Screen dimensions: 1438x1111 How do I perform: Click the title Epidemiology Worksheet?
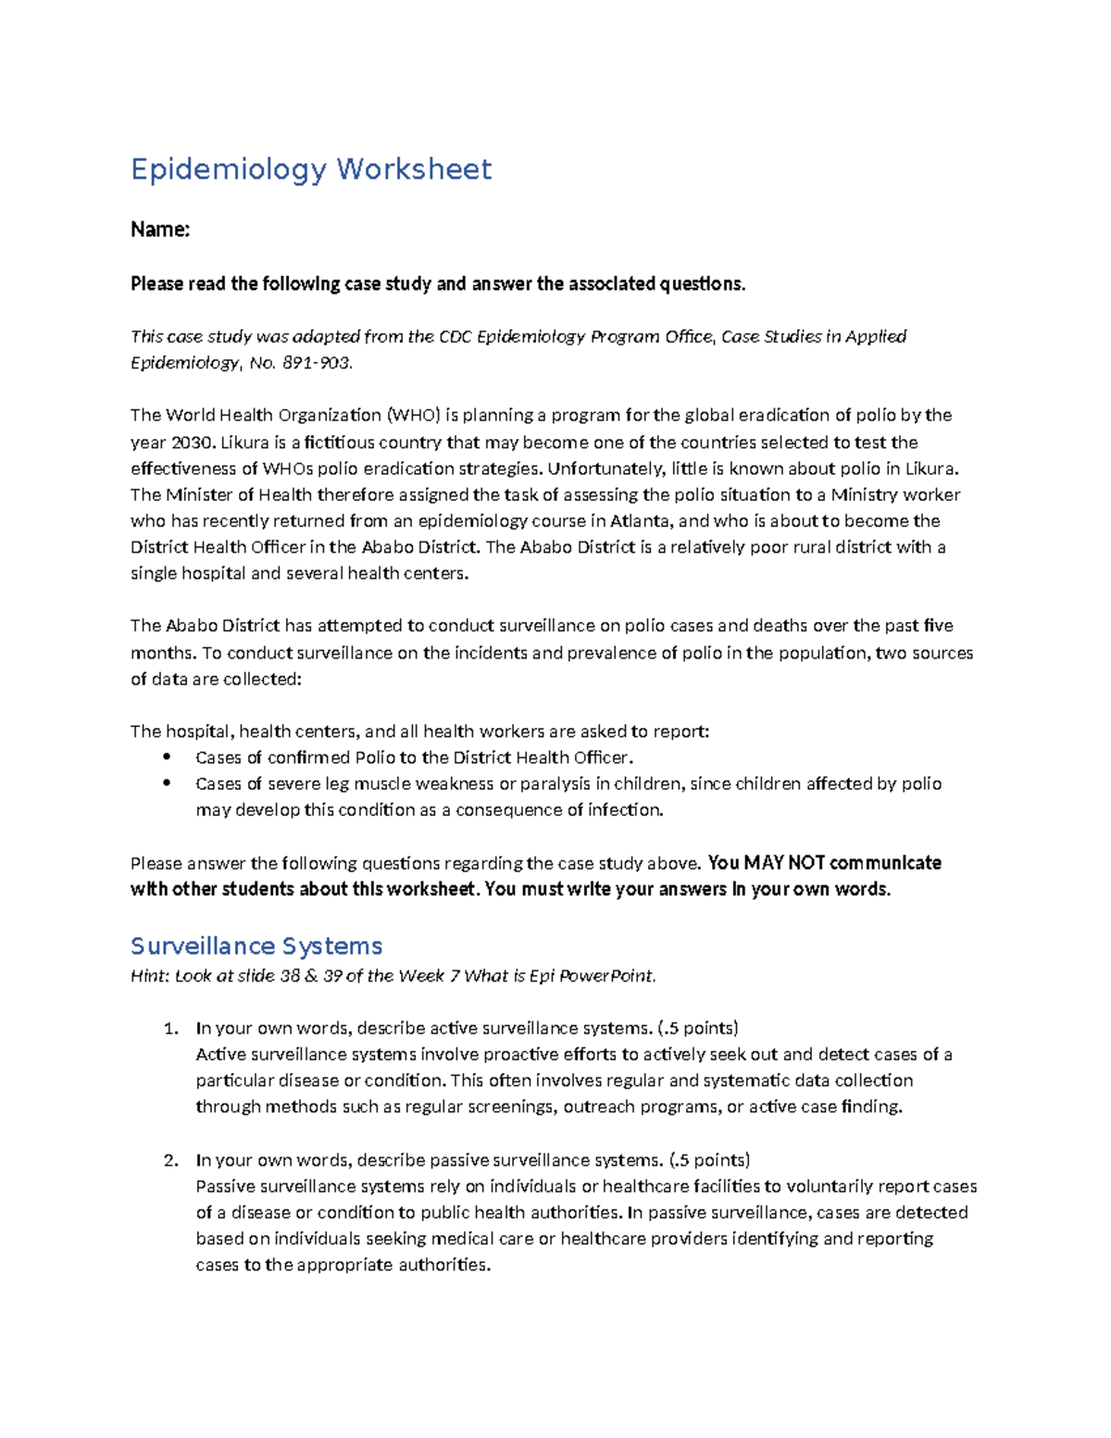click(x=311, y=169)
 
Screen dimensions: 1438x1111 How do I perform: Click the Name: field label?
click(x=160, y=230)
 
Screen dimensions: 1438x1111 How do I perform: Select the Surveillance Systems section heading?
click(x=256, y=945)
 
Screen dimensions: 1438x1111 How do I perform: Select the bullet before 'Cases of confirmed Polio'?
click(x=168, y=757)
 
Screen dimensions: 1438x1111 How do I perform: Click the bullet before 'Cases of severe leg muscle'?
click(x=168, y=782)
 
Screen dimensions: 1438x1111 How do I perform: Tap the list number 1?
click(x=169, y=1028)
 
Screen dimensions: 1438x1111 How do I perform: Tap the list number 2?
click(x=169, y=1160)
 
